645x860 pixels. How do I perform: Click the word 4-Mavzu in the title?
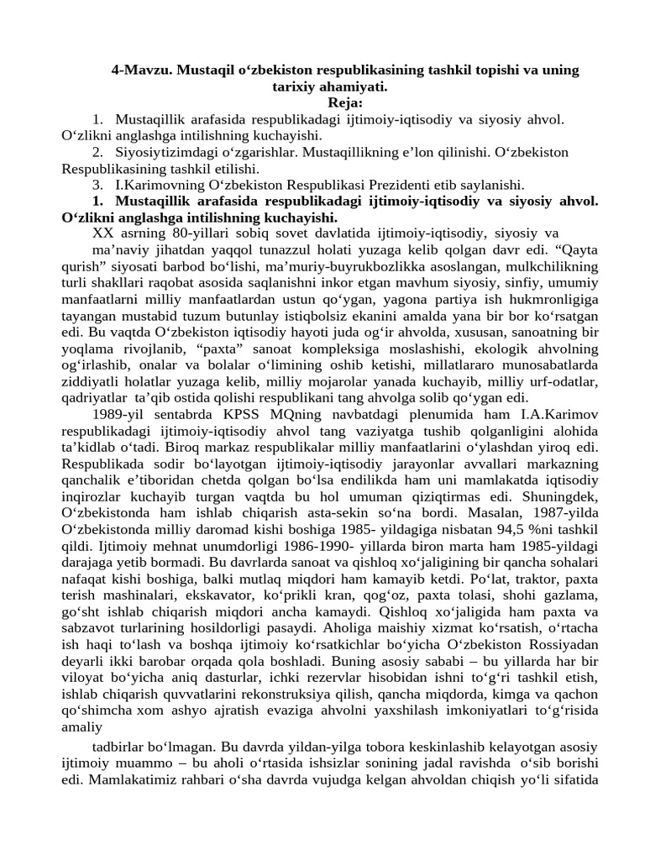point(139,70)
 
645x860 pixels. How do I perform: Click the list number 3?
point(98,184)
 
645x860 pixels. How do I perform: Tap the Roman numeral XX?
point(98,233)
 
